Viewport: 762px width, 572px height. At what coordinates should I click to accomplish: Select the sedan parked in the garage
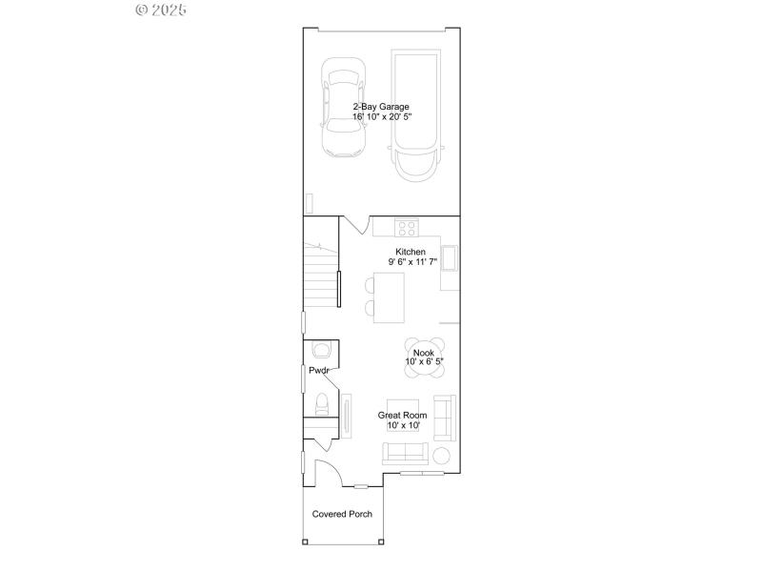[x=344, y=107]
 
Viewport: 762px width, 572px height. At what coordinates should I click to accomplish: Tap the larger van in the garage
[x=419, y=114]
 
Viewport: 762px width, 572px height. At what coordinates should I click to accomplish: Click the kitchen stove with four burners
[x=408, y=227]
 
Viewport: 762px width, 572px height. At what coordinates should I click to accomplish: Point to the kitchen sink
[x=450, y=258]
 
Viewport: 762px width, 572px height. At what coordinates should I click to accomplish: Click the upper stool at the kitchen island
[x=370, y=285]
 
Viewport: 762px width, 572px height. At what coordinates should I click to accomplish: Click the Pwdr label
[x=318, y=370]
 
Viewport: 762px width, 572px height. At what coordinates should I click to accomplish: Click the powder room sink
[x=320, y=349]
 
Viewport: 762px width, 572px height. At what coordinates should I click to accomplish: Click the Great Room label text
[x=403, y=415]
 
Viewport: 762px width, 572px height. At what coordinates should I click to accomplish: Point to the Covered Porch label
[x=342, y=514]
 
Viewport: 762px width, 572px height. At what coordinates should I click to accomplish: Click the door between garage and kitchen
[x=354, y=225]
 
